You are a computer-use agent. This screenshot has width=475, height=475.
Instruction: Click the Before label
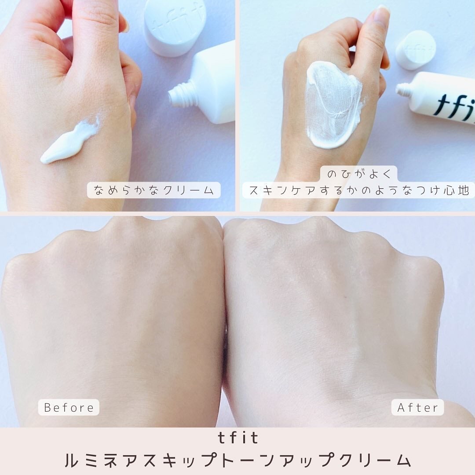(x=69, y=407)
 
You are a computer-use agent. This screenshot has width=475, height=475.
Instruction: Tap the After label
(x=417, y=407)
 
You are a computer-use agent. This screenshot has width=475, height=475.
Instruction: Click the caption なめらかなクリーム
(x=153, y=190)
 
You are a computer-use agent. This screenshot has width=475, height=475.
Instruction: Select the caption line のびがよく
(x=359, y=174)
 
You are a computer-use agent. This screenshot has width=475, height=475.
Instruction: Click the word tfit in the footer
(x=237, y=438)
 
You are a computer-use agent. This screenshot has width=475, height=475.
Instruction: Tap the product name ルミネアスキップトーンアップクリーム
(x=237, y=460)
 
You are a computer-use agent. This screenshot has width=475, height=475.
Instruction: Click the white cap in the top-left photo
(x=175, y=26)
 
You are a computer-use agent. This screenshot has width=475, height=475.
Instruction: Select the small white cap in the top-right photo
(x=415, y=49)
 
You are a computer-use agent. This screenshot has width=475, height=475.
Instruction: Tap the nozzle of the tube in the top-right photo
(x=403, y=90)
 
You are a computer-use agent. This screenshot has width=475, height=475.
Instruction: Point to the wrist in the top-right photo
(x=303, y=194)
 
